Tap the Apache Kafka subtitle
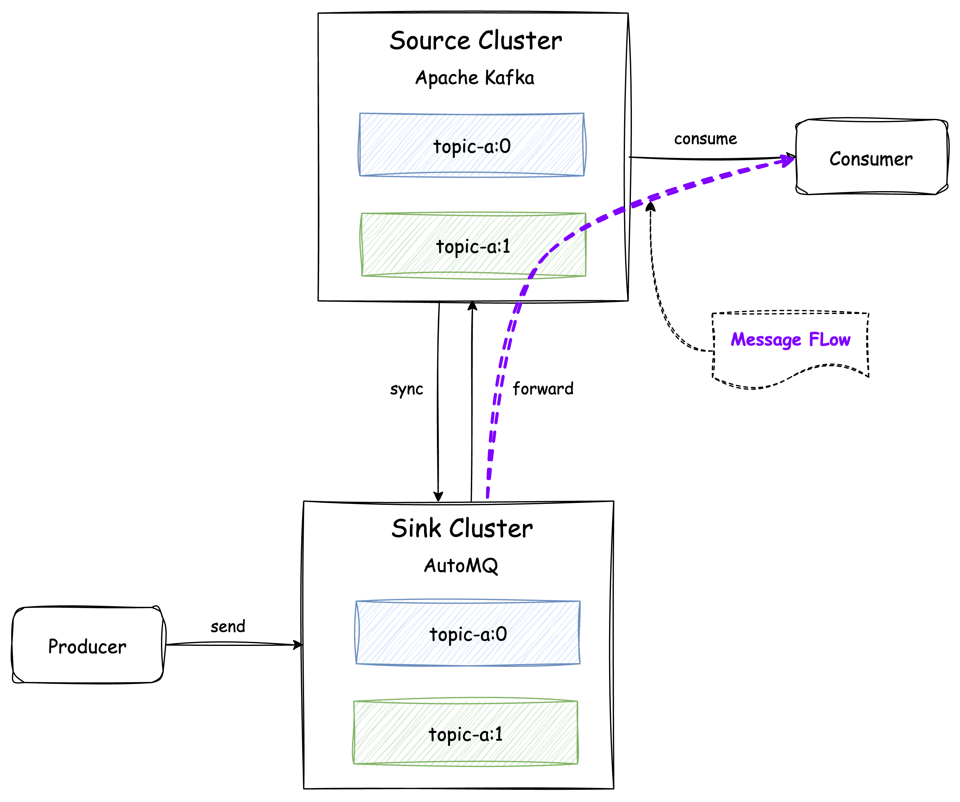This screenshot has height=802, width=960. click(x=474, y=78)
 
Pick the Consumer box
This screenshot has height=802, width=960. click(x=871, y=158)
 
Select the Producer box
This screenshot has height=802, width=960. click(x=87, y=646)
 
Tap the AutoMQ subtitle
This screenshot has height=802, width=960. click(x=461, y=566)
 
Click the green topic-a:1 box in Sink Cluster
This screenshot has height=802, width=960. click(x=465, y=734)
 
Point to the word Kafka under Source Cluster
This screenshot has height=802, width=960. click(x=509, y=78)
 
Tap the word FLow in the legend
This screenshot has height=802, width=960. click(x=829, y=339)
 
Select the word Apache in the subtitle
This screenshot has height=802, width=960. click(x=447, y=78)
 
